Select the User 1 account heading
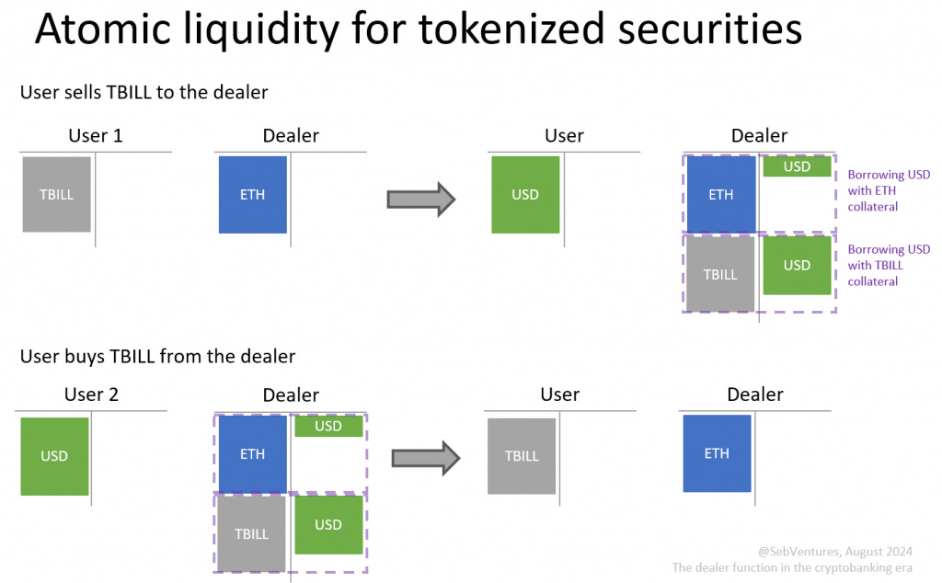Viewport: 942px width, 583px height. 95,136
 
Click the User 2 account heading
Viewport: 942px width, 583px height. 91,395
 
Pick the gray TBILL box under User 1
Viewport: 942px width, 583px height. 56,194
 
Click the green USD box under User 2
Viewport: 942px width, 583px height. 54,456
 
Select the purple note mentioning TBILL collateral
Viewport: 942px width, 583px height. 889,265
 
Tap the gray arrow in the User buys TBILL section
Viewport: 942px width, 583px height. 425,457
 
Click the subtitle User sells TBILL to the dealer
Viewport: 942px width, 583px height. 144,92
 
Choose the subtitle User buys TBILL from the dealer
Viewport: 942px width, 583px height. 157,356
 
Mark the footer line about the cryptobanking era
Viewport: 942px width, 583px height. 792,568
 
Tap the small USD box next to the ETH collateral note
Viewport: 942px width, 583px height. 797,166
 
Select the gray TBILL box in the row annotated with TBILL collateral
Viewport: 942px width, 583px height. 720,274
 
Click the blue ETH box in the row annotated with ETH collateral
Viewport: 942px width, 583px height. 720,194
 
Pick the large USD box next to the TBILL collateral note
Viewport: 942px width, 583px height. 797,266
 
